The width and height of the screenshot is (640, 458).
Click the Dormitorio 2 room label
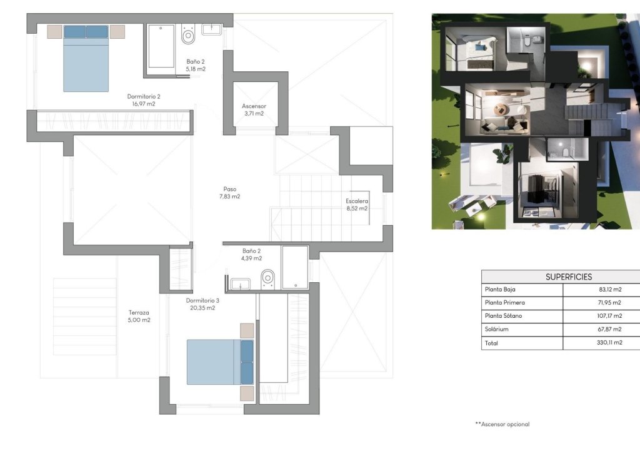pos(144,100)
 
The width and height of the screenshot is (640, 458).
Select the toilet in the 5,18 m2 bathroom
pos(189,36)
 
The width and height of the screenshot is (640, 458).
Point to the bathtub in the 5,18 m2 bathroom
pos(161,46)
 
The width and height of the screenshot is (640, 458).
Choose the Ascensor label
pos(254,109)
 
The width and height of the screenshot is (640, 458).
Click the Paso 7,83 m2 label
pos(229,192)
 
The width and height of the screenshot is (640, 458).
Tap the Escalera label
pos(356,205)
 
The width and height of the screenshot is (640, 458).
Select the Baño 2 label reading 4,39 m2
pos(252,254)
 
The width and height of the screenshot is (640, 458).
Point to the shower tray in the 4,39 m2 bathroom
pos(294,267)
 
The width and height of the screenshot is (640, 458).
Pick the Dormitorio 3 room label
pos(202,304)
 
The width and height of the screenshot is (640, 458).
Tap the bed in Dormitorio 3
pos(220,362)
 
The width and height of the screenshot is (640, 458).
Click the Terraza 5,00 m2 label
pos(139,316)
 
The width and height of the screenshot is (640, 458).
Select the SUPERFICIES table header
pos(568,277)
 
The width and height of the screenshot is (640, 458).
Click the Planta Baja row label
pos(501,290)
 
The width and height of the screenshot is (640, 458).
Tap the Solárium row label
pos(497,329)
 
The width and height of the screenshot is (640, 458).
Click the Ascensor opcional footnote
pos(502,424)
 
